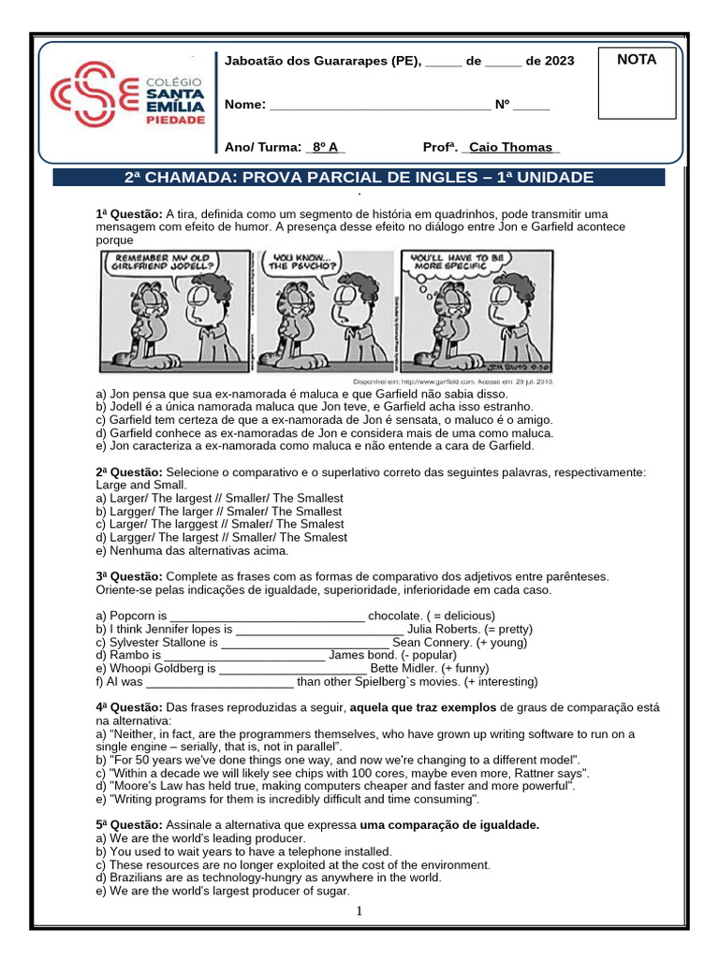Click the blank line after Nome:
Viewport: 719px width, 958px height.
(379, 106)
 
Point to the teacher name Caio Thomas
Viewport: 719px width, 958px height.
(511, 148)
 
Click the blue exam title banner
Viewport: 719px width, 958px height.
(359, 178)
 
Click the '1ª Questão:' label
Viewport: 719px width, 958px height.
(129, 214)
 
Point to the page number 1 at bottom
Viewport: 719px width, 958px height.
(359, 912)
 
